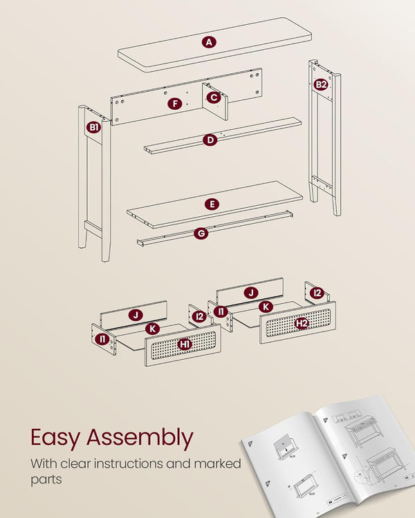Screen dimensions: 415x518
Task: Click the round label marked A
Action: (x=209, y=42)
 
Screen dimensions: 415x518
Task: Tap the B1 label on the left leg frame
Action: (x=93, y=127)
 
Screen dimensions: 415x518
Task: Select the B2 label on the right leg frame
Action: (x=321, y=84)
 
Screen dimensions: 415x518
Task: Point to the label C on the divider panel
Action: (x=214, y=97)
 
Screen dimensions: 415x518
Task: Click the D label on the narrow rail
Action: (x=210, y=140)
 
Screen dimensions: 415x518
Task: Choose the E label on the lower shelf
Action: (x=212, y=204)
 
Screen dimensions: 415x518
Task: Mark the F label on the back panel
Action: (x=175, y=104)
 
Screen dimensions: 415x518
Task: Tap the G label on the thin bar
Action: (x=201, y=233)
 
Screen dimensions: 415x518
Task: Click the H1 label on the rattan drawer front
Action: (x=185, y=344)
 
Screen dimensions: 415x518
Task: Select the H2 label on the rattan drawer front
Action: (x=302, y=323)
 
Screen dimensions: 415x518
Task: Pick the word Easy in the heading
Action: (x=55, y=438)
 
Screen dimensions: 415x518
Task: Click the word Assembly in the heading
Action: (x=140, y=438)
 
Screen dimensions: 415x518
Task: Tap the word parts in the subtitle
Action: (x=46, y=480)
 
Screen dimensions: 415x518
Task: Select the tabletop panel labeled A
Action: (x=215, y=44)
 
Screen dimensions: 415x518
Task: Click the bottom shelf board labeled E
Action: (x=214, y=204)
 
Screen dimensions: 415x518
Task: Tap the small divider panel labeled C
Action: (x=215, y=101)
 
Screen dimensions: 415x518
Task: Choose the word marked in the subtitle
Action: (x=217, y=463)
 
